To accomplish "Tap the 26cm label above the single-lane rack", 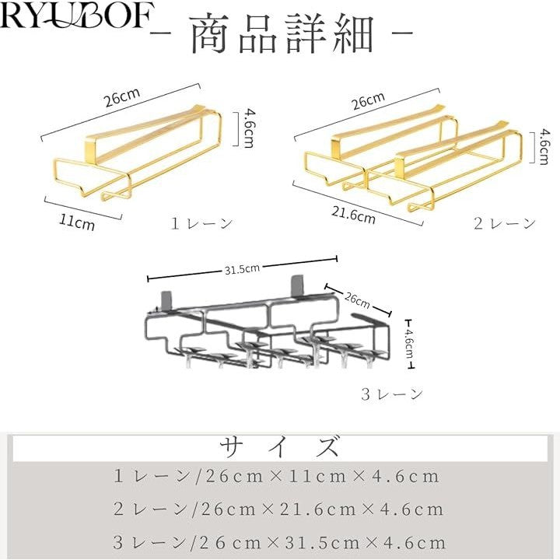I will pos(122,97).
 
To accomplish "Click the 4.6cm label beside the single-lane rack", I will pos(248,127).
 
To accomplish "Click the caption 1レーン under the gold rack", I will pos(201,224).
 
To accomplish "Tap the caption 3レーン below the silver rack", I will pos(392,394).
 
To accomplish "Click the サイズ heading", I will pos(279,448).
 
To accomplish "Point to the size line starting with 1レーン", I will pos(277,476).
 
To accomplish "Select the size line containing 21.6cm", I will pos(278,509).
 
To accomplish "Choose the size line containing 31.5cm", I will pos(279,542).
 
